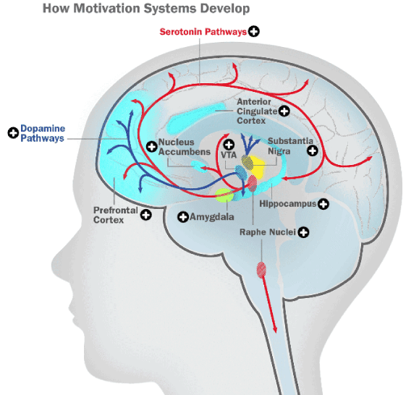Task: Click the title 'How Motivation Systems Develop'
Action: tap(146, 9)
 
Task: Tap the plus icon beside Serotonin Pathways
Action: tap(254, 32)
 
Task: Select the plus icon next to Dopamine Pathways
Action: tap(13, 133)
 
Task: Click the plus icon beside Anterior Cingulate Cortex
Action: tap(284, 111)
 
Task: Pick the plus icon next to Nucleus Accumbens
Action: tap(152, 147)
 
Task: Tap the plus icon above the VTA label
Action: tap(229, 145)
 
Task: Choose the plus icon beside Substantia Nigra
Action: tap(313, 150)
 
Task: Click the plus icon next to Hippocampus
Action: tap(323, 204)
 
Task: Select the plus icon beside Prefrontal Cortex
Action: tap(146, 215)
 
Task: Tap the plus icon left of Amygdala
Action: tap(183, 217)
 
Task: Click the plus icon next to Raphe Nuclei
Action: tap(303, 232)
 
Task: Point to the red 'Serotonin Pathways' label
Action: tap(203, 32)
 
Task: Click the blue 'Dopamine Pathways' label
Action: tap(43, 133)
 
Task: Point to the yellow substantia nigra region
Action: tap(258, 167)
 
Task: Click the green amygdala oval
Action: tap(224, 195)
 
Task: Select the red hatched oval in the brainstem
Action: tap(261, 270)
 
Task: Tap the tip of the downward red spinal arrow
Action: tap(275, 333)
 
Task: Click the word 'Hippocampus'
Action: tap(288, 204)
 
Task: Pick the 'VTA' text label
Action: tap(229, 155)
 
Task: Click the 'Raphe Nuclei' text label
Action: tap(268, 232)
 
